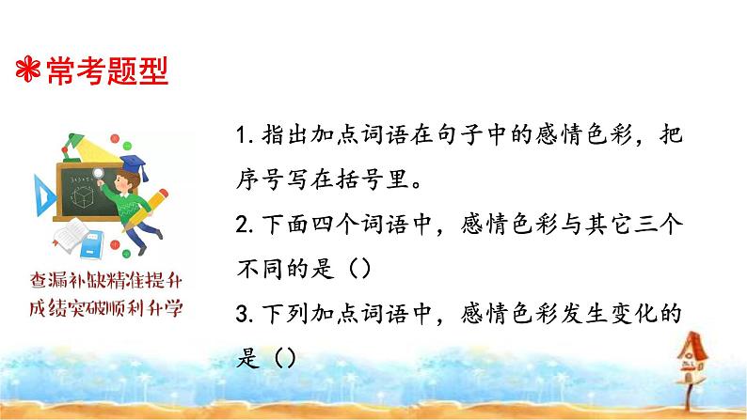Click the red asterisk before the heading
[x=28, y=71]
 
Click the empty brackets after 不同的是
[x=362, y=270]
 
